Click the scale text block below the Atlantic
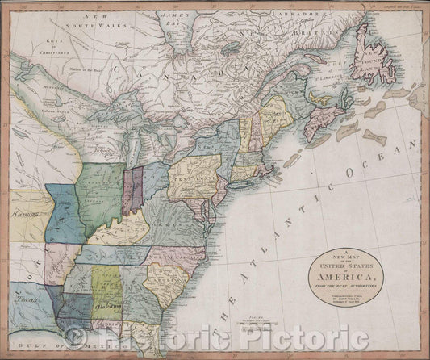coord(257,328)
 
